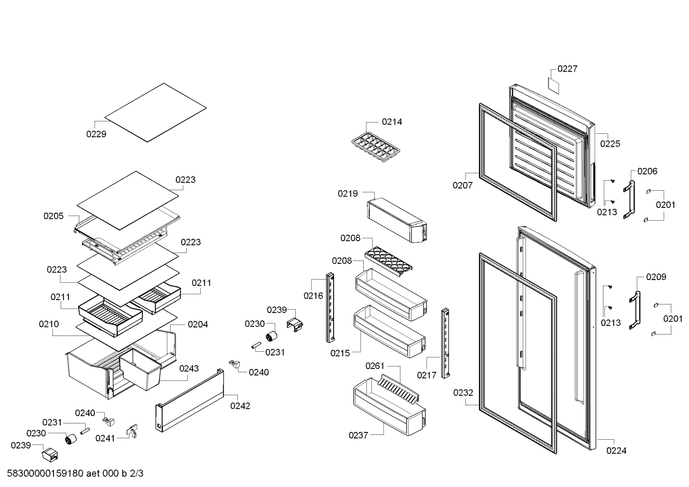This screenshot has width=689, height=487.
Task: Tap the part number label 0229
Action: [96, 134]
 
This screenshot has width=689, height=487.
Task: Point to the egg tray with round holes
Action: [388, 261]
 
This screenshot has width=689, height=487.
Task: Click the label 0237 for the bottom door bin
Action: [358, 435]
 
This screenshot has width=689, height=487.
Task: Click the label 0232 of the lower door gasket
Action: [463, 393]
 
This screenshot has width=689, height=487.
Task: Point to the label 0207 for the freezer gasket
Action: [463, 185]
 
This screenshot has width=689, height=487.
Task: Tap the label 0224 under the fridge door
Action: [616, 450]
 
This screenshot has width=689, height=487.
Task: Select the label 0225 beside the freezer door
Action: [610, 143]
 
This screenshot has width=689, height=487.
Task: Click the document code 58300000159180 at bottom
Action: [46, 474]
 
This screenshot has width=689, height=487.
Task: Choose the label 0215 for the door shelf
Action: [340, 353]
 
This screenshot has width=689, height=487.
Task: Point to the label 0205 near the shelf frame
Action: [54, 216]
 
